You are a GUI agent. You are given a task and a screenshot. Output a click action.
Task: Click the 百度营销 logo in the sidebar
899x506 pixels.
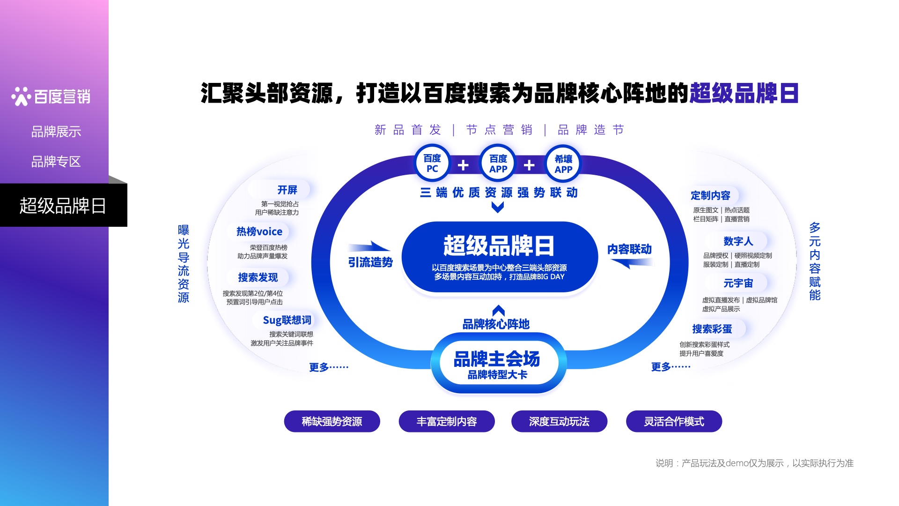(51, 97)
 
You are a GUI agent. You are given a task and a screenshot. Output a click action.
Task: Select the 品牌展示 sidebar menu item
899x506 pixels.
(56, 132)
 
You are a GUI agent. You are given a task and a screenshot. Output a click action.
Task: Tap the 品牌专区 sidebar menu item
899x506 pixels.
(56, 162)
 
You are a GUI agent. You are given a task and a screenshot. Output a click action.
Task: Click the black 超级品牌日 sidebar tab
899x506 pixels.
(63, 206)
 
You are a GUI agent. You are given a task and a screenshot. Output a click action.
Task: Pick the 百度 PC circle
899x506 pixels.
(432, 164)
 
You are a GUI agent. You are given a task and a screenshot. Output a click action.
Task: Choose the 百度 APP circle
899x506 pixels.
(498, 164)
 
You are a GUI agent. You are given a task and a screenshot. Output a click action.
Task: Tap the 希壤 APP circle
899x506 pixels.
(563, 164)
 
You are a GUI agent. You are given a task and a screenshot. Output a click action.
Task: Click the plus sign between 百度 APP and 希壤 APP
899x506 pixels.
(529, 165)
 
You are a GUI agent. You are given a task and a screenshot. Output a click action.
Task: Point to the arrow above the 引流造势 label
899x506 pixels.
(369, 246)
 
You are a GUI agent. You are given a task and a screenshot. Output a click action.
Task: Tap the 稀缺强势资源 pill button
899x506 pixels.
(332, 422)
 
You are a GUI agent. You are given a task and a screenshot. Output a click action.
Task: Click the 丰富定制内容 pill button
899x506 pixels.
(447, 422)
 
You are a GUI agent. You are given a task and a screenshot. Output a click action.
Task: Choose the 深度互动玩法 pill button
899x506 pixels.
(559, 422)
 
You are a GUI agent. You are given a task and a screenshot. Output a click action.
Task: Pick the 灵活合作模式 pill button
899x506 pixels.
(674, 422)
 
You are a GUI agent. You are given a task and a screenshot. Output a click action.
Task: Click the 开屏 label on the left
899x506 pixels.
(287, 190)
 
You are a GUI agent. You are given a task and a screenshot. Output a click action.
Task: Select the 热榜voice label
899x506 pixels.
(259, 231)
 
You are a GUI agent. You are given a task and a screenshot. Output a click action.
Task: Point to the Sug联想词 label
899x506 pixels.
(287, 320)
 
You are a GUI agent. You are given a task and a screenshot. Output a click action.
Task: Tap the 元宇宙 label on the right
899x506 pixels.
(738, 283)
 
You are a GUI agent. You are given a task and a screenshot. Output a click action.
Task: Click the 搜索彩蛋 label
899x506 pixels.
(712, 329)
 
